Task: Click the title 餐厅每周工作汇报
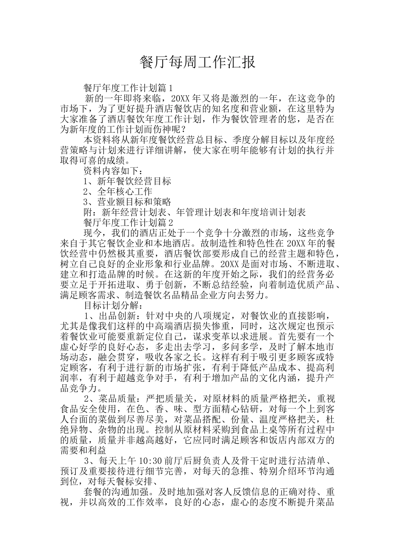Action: coord(197,62)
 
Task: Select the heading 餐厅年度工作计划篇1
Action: coord(128,88)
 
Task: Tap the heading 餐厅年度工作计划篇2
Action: coord(128,223)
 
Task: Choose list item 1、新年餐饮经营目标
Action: coord(127,181)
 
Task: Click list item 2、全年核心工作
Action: coord(118,192)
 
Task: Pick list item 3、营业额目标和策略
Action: coord(127,202)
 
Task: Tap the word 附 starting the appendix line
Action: coord(88,213)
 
